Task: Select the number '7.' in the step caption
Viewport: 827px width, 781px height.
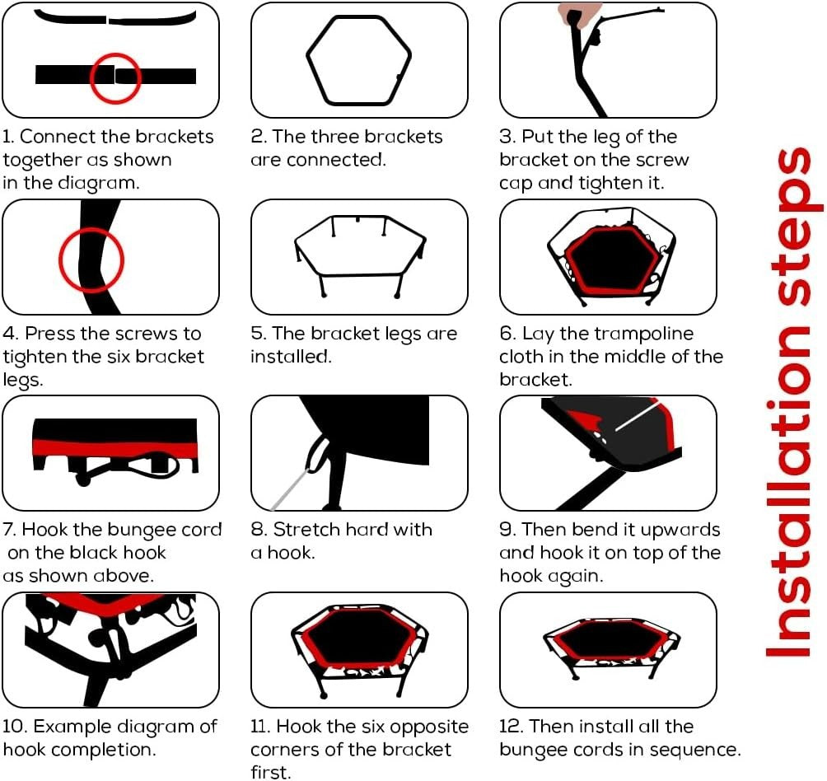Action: coord(10,530)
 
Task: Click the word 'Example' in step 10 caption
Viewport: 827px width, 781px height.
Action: coord(72,727)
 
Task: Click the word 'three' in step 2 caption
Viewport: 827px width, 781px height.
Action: coord(334,137)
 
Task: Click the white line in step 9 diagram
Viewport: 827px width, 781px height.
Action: coord(638,416)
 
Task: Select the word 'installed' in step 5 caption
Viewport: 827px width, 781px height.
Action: coord(291,357)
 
